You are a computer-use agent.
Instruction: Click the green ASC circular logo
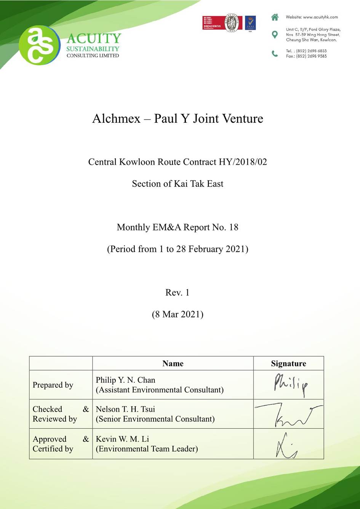[x=39, y=45]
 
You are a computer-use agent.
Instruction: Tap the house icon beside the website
[x=275, y=17]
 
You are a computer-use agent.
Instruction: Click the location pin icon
[x=275, y=35]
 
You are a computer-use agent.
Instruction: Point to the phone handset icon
[x=275, y=54]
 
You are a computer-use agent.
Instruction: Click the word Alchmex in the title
[x=116, y=118]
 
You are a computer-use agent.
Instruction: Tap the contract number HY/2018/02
[x=243, y=162]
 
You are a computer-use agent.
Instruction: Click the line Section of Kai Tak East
[x=178, y=184]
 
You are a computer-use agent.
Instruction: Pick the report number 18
[x=234, y=227]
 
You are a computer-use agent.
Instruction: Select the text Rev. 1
[x=177, y=293]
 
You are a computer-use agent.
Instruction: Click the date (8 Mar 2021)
[x=178, y=314]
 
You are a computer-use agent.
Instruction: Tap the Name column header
[x=173, y=363]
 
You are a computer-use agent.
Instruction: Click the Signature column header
[x=288, y=363]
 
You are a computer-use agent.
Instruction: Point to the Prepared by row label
[x=53, y=385]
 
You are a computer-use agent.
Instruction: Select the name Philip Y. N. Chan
[x=125, y=380]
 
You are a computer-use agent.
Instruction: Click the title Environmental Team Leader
[x=147, y=449]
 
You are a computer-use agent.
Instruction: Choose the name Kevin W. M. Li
[x=122, y=439]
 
